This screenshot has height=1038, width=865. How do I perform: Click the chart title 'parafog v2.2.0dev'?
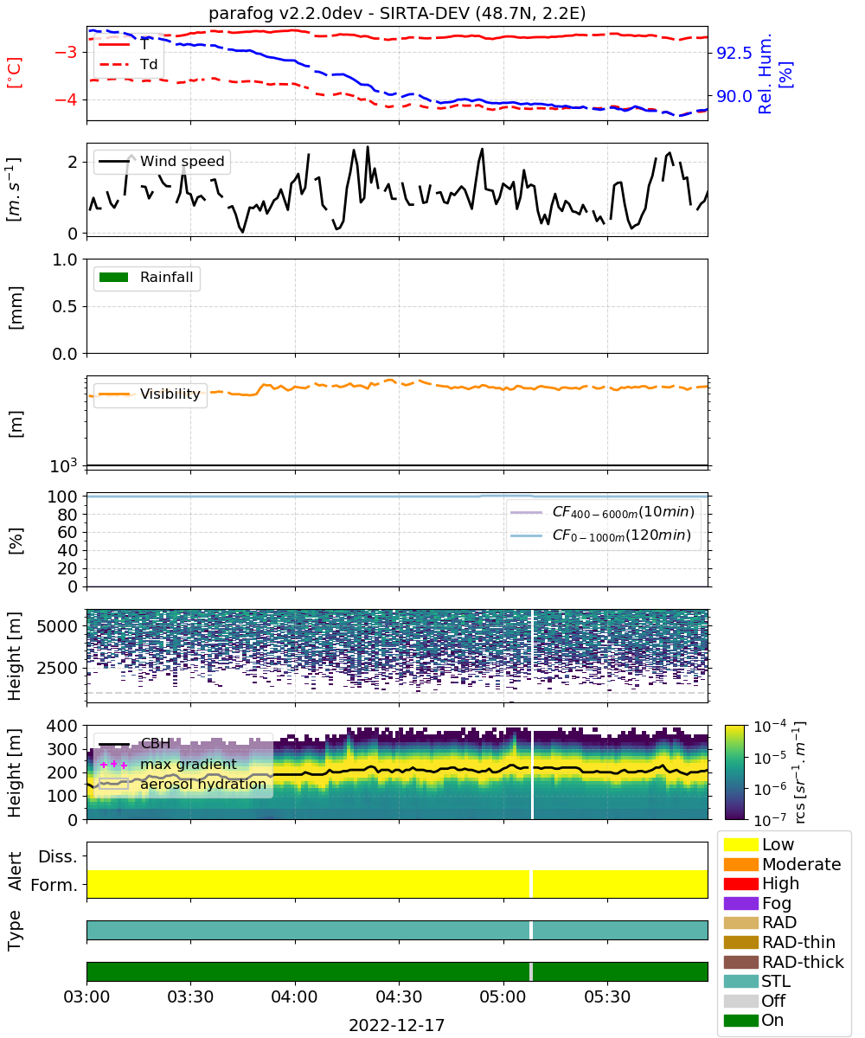click(285, 14)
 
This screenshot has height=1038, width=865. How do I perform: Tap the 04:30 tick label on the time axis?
click(399, 996)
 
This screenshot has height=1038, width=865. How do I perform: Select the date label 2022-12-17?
click(397, 1025)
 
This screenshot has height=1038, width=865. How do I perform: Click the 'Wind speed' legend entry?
click(162, 161)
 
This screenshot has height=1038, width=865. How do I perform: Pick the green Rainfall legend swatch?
click(114, 278)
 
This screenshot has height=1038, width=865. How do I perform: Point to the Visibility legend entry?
click(150, 394)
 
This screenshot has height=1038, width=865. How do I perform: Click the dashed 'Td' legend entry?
click(128, 64)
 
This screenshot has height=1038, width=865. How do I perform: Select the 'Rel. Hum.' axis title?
click(765, 74)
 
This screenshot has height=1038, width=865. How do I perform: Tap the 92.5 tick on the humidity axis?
click(734, 53)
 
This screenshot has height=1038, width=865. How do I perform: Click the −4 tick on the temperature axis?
click(66, 99)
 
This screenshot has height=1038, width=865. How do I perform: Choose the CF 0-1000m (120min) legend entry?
click(601, 535)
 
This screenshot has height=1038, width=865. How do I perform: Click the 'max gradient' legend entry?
click(168, 764)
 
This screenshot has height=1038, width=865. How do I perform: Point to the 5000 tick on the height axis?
click(57, 626)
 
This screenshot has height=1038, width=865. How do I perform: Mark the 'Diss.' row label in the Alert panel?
click(58, 856)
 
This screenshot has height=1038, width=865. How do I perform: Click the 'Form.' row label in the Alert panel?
click(54, 885)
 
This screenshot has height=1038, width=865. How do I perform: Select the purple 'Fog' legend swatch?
click(740, 903)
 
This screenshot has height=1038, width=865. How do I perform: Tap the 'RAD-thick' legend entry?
click(784, 961)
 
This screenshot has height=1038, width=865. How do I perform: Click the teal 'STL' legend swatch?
click(740, 981)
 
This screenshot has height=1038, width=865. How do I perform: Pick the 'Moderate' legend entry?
click(783, 864)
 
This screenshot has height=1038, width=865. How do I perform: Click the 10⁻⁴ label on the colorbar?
click(770, 727)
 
